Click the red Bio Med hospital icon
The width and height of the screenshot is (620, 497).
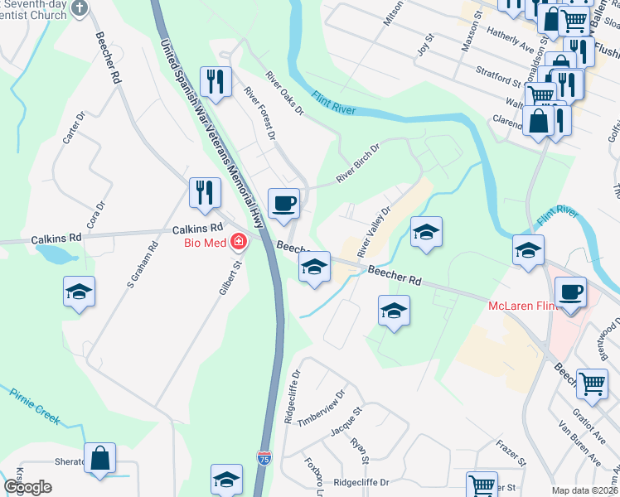239,241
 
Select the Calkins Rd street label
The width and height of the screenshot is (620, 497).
198,229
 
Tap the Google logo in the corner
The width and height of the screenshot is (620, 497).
28,486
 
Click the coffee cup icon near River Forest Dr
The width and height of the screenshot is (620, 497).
283,203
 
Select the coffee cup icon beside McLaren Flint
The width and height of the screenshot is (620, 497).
570,292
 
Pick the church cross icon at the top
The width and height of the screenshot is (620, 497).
80,8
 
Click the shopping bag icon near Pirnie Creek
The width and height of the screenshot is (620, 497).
99,458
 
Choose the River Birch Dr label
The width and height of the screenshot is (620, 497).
357,164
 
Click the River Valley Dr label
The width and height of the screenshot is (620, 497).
373,232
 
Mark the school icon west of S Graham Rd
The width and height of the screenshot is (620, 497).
79,292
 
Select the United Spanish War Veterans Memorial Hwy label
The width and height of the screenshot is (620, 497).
211,133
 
